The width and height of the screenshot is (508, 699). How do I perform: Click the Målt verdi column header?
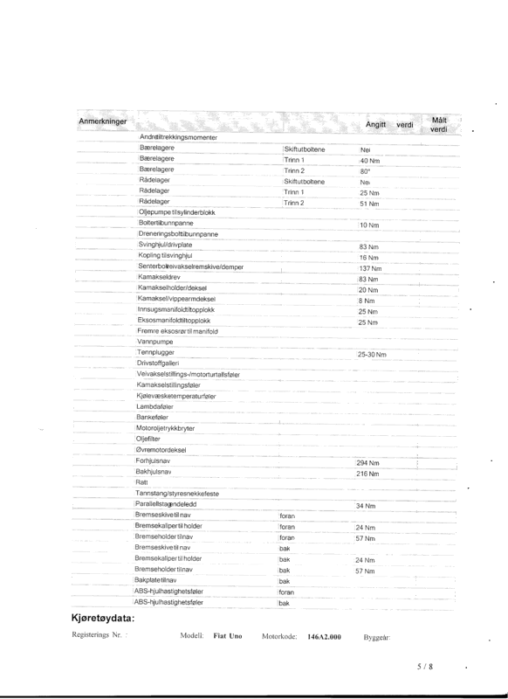(x=439, y=123)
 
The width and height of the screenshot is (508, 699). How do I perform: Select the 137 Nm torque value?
(x=371, y=268)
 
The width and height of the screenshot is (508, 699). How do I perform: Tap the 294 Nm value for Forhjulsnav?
(x=370, y=462)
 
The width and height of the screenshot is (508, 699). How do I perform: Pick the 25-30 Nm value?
(x=372, y=355)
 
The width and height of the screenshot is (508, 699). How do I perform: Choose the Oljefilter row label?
(x=149, y=439)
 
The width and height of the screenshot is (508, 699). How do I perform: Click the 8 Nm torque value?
(x=367, y=301)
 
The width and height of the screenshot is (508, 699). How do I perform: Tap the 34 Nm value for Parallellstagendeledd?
(x=367, y=506)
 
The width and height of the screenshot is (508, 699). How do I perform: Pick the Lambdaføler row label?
(x=154, y=406)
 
